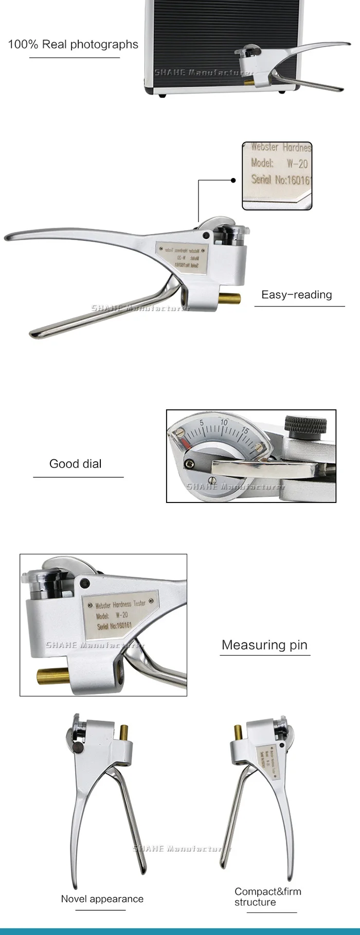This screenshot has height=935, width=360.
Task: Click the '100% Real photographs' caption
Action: pyautogui.click(x=73, y=45)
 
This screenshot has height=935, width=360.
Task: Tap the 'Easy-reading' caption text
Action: pyautogui.click(x=297, y=295)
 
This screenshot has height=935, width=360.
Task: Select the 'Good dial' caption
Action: pyautogui.click(x=76, y=464)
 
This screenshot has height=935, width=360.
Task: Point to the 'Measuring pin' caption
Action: pyautogui.click(x=264, y=645)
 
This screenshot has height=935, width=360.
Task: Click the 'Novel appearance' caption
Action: pyautogui.click(x=102, y=899)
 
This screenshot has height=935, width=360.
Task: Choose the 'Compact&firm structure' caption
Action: pyautogui.click(x=267, y=896)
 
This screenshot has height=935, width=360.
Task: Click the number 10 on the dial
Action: pyautogui.click(x=224, y=422)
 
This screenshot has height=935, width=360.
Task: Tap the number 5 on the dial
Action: pyautogui.click(x=202, y=423)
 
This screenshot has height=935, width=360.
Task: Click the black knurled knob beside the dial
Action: pyautogui.click(x=305, y=426)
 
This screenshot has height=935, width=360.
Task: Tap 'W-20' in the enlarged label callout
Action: pyautogui.click(x=297, y=164)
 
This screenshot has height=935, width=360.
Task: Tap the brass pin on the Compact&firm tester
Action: pyautogui.click(x=238, y=732)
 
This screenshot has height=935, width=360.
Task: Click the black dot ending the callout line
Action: pyautogui.click(x=233, y=181)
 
